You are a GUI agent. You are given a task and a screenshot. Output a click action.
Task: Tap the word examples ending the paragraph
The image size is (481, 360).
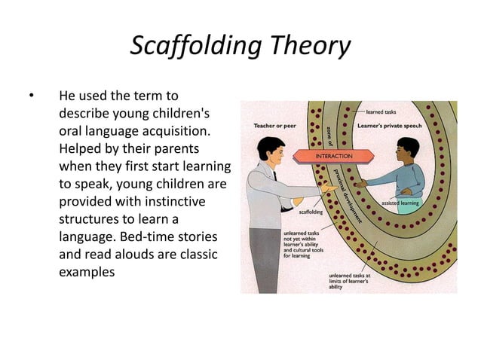(x=87, y=272)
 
